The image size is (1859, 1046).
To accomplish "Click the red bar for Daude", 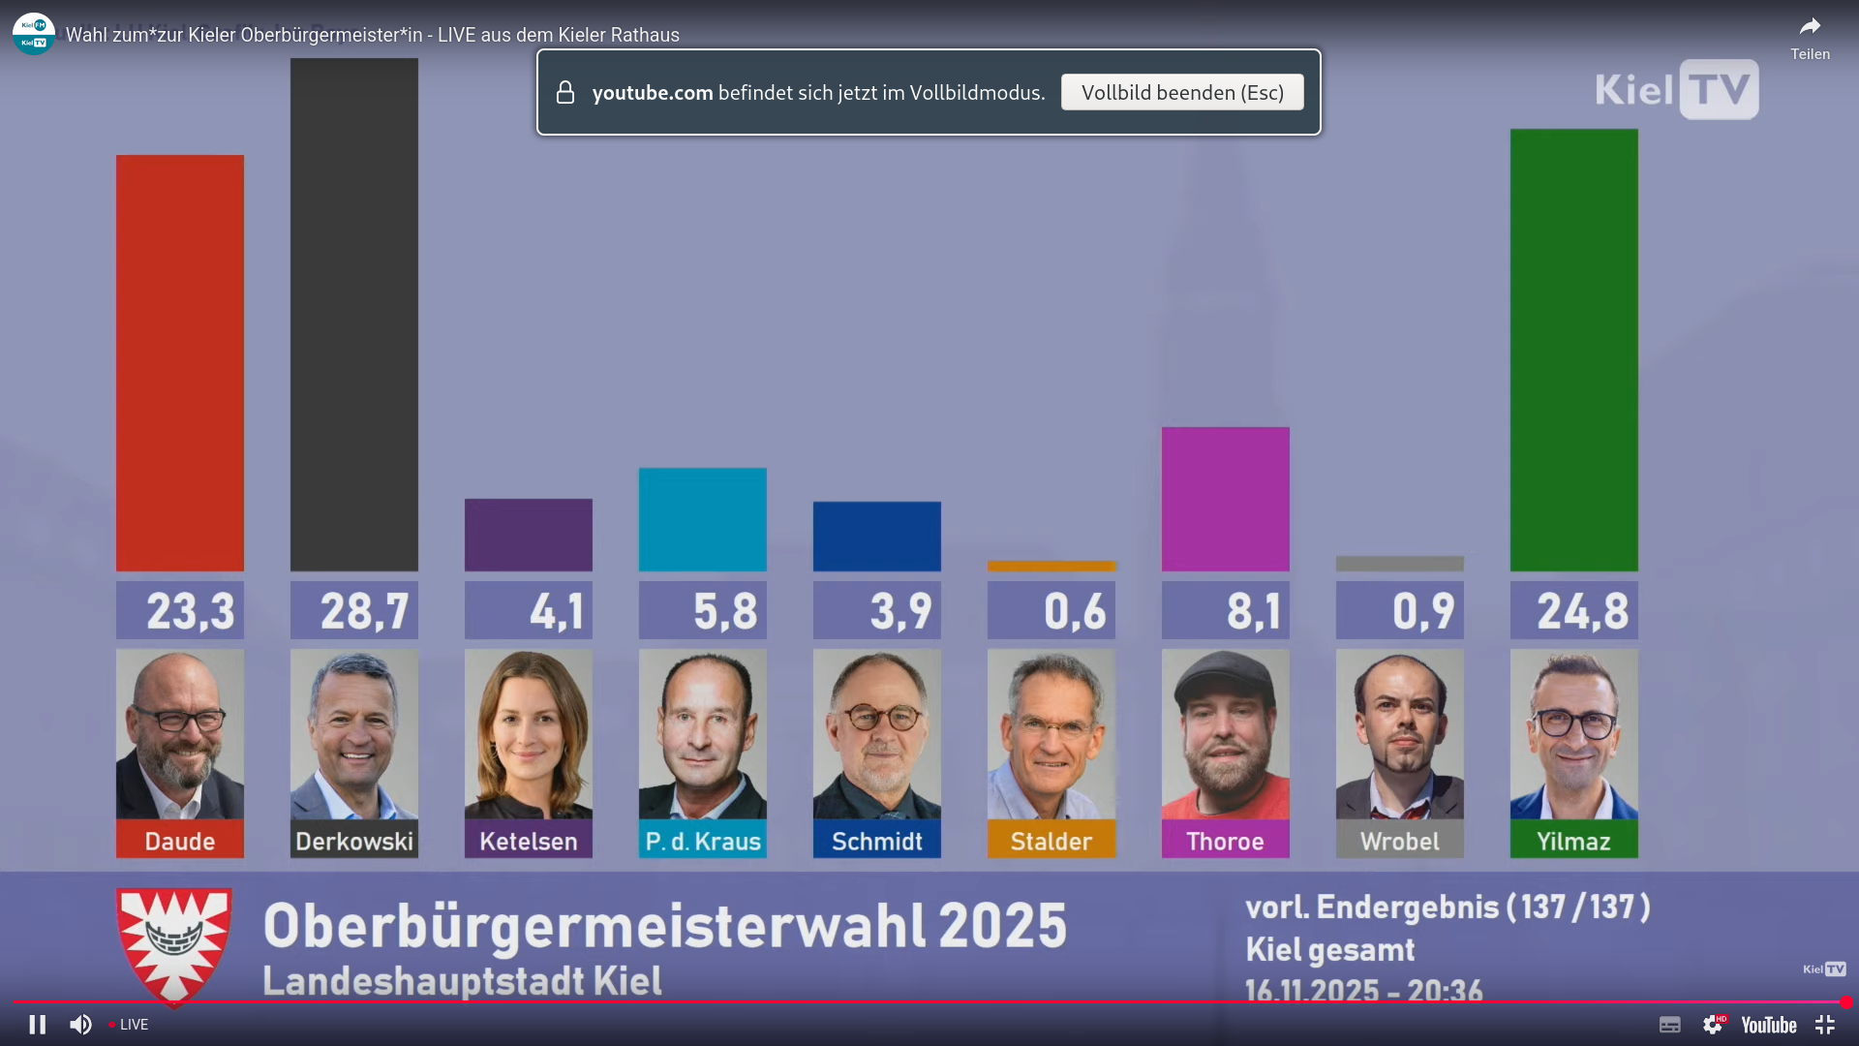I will tap(180, 363).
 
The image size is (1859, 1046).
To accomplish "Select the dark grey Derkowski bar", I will tap(354, 315).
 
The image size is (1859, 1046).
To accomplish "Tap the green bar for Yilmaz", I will tap(1574, 350).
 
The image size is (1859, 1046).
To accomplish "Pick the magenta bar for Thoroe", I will tap(1226, 499).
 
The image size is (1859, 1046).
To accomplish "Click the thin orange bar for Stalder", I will tap(1051, 566).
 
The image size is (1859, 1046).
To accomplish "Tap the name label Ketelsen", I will tap(529, 841).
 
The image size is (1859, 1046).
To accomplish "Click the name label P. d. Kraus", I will tap(703, 841).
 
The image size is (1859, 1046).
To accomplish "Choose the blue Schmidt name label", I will tap(877, 841).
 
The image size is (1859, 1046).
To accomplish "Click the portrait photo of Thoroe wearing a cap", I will tap(1226, 734).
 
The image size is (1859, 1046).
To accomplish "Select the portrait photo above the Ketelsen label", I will tap(529, 734).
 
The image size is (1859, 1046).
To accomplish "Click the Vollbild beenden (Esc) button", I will tap(1182, 93).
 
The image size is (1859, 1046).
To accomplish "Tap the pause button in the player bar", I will tap(37, 1025).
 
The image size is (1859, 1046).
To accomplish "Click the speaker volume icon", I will tap(80, 1025).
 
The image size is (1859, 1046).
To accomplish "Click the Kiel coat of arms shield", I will tap(174, 944).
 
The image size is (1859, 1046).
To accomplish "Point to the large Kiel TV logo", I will tap(1677, 90).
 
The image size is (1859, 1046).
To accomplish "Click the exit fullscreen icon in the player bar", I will tap(1825, 1025).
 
